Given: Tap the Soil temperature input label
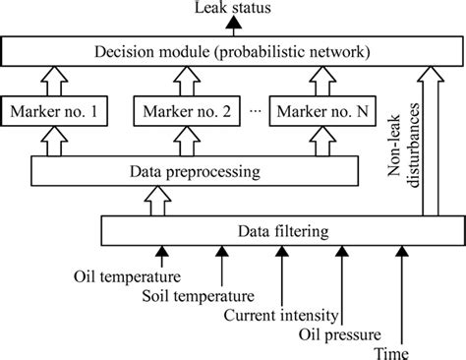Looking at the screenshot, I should (197, 294).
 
